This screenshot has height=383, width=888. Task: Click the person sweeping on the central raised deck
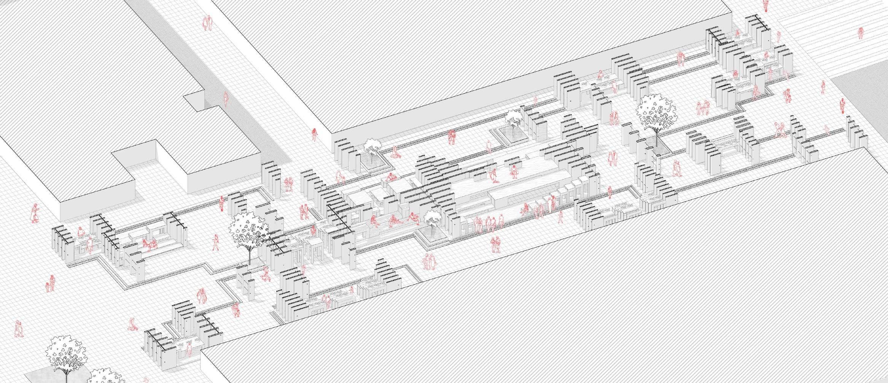[493, 176]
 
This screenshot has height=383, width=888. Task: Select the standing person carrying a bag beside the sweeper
[514, 171]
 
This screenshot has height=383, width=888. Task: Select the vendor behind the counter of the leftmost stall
[80, 233]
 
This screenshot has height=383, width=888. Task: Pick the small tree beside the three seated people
[432, 220]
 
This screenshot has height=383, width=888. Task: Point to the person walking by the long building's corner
[315, 134]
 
